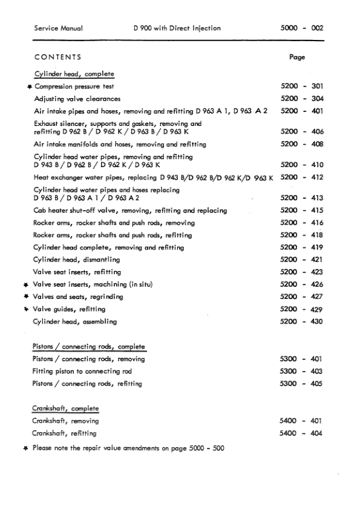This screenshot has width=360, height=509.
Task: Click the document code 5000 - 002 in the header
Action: (302, 28)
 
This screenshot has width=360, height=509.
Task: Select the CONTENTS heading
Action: (58, 57)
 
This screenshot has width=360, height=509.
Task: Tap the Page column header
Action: (297, 57)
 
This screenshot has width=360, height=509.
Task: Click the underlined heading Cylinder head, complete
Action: (74, 74)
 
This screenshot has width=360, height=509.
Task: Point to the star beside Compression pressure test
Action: (29, 87)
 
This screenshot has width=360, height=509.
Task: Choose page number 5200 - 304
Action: (302, 99)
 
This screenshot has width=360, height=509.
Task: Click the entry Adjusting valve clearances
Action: (77, 99)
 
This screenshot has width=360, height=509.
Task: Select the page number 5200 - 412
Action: (302, 177)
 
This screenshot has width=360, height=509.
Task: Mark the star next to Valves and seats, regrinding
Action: (25, 297)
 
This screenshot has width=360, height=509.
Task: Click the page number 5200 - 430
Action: (302, 321)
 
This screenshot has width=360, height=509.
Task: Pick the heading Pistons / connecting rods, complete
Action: (89, 347)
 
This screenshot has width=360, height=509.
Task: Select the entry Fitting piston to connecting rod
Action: (83, 371)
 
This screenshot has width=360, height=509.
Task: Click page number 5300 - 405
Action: (302, 384)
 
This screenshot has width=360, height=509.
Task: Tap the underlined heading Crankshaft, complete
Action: (66, 409)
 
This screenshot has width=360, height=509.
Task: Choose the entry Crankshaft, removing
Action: (67, 421)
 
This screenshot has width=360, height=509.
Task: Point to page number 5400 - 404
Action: (302, 433)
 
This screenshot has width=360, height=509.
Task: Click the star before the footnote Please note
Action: (25, 448)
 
